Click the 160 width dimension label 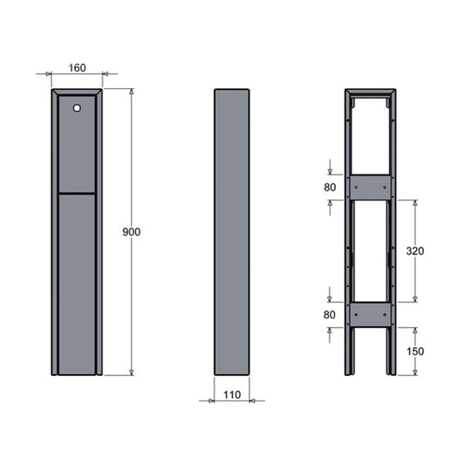pos(77,68)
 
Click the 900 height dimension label pos(132,232)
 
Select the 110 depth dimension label pos(232,394)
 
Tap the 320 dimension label pos(415,251)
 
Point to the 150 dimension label pos(415,352)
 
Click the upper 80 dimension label pos(330,188)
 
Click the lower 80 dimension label pos(330,315)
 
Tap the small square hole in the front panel pos(77,108)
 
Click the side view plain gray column pos(232,232)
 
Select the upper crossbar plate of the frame pos(371,188)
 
